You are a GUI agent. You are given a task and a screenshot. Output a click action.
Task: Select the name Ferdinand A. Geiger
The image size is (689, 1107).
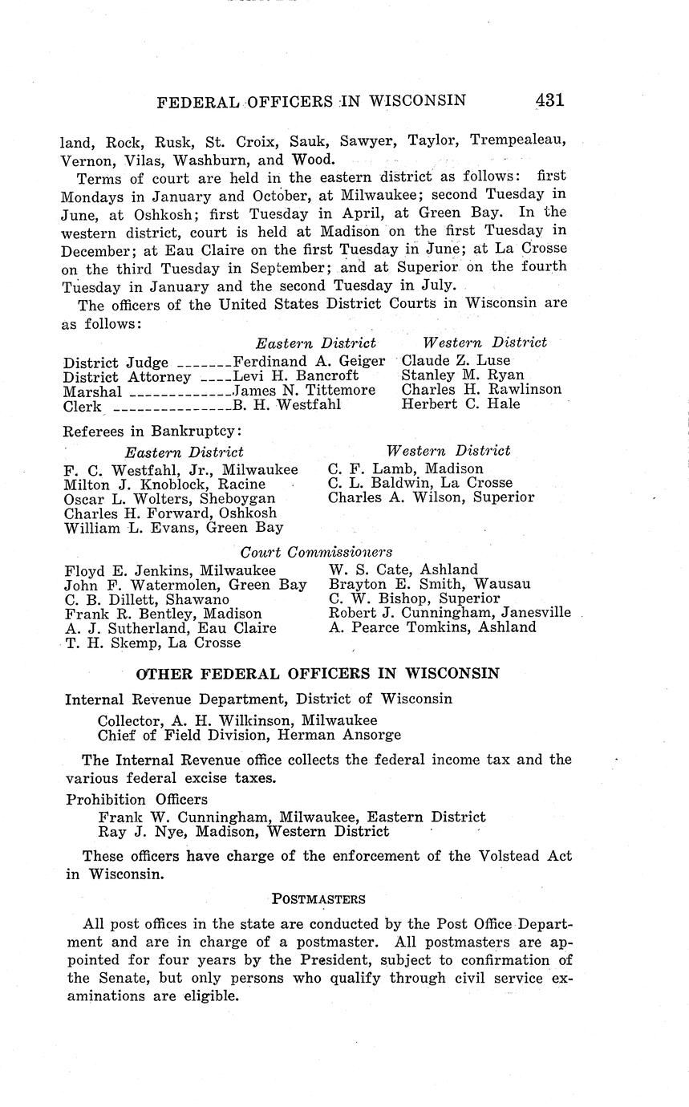[x=309, y=360]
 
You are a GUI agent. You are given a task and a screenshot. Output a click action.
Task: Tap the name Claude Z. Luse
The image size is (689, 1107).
[x=456, y=360]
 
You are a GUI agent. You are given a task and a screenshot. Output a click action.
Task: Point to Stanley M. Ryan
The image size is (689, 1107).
[x=463, y=375]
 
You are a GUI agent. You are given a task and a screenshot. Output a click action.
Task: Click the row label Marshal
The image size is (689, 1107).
[x=92, y=391]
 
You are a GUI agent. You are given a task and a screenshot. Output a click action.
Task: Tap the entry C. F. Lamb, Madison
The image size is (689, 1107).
[x=406, y=468]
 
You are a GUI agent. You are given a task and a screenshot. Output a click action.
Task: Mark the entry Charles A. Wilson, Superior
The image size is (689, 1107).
[x=431, y=497]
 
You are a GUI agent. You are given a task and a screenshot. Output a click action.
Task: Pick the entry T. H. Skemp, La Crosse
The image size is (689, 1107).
[x=152, y=643]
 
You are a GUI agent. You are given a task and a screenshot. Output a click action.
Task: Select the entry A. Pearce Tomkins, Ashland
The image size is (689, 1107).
[x=432, y=627]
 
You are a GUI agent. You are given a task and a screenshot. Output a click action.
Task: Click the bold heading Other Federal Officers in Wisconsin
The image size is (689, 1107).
[x=318, y=673]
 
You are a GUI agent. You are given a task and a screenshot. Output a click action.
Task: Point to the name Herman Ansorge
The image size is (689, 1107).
[x=355, y=735]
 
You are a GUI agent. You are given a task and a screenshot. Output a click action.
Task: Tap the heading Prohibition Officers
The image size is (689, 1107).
[x=136, y=800]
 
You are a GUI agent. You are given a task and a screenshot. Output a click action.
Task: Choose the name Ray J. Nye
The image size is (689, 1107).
[x=132, y=832]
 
